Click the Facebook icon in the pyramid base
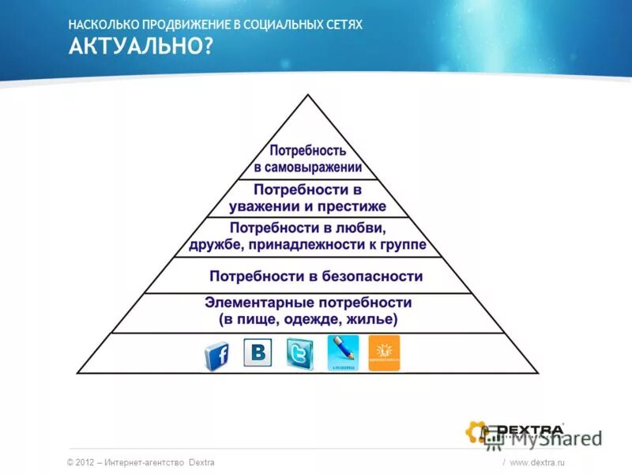pos(217,356)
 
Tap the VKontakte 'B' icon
pos(258,352)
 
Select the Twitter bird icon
pos(300,353)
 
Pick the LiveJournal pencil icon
pos(343,352)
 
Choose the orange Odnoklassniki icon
pos(384,352)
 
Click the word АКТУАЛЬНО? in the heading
pos(141,47)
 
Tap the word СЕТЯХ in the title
pos(342,25)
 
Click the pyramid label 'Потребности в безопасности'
pos(316,276)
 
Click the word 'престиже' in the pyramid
pos(352,207)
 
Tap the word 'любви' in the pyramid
pos(364,229)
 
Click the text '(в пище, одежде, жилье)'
pos(308,320)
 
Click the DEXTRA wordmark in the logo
pos(529,431)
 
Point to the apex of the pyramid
pos(308,96)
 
